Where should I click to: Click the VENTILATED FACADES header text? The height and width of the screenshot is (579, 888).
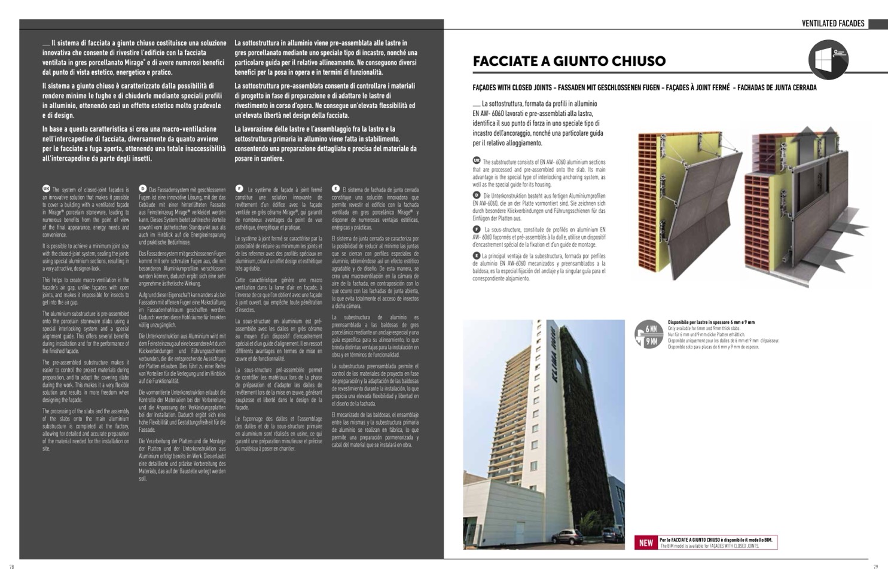[833, 23]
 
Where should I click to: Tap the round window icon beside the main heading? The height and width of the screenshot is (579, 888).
[828, 60]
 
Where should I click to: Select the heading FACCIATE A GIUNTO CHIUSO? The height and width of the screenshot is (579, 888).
[569, 61]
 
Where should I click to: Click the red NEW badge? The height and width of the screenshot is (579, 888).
[646, 543]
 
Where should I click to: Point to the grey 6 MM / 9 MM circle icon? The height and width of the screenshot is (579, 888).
[649, 334]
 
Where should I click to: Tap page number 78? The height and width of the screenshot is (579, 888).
[11, 566]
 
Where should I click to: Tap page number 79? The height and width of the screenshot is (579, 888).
[875, 566]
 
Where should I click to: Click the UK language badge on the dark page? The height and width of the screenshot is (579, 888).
[47, 188]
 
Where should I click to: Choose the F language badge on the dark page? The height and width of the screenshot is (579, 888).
[239, 188]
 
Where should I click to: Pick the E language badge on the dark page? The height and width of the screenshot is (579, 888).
[335, 188]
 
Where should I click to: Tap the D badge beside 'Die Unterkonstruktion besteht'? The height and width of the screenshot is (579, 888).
[477, 195]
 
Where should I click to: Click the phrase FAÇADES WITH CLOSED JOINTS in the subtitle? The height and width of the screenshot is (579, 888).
[512, 88]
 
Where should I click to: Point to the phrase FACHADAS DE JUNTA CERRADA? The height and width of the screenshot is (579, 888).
[777, 88]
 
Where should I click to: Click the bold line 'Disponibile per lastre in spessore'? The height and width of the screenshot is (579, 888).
[711, 322]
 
